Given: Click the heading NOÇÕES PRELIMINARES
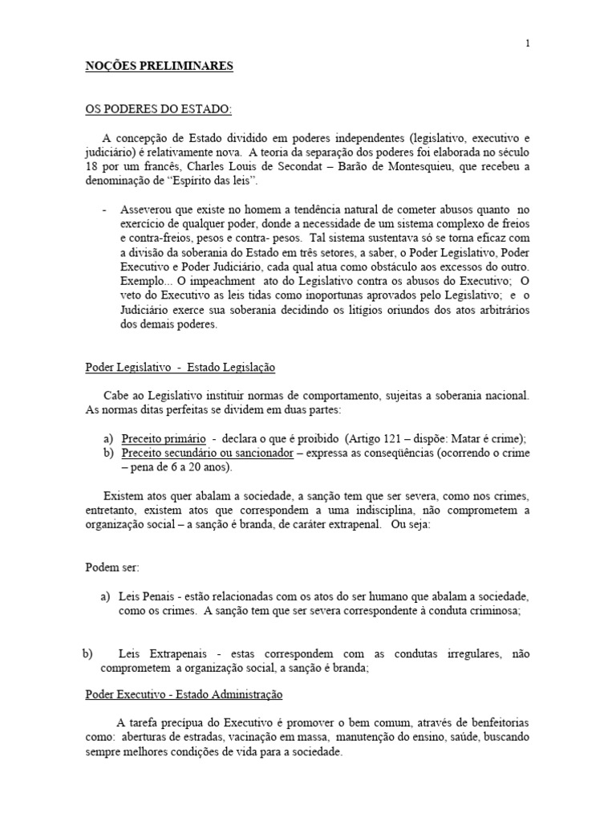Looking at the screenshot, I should pos(159,67).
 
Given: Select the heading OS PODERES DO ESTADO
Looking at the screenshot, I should pos(159,109).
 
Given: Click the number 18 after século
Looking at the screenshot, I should pos(92,166).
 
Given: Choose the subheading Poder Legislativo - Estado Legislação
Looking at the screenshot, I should pos(180,367).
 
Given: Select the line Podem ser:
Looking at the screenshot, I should pos(112,567).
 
